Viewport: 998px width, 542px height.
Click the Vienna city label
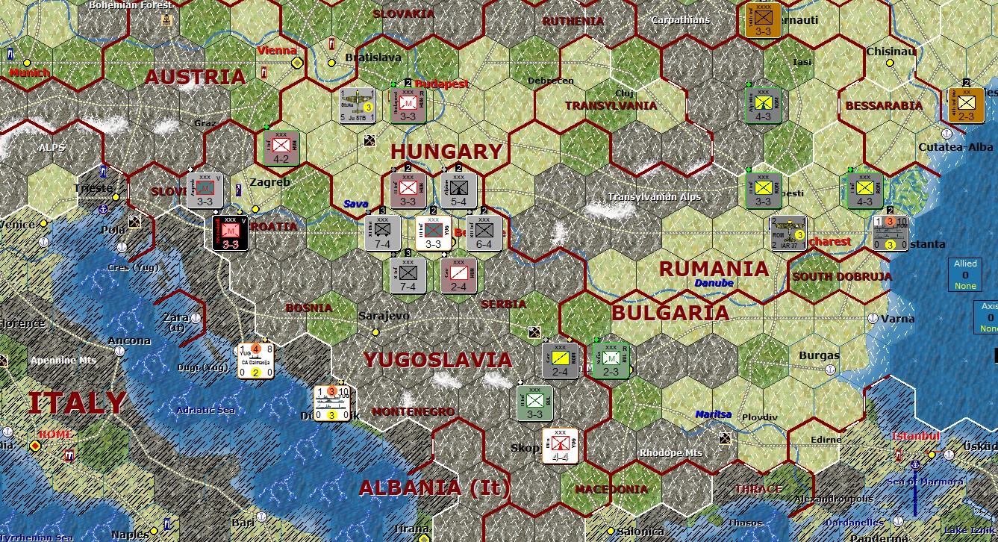coord(276,51)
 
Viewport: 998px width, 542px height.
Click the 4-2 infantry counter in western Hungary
coord(282,149)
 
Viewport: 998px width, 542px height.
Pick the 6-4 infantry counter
coord(484,233)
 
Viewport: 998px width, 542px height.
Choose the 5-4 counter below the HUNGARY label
coord(458,190)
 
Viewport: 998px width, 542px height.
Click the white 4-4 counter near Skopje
coord(559,446)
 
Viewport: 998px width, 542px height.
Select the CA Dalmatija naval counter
coord(255,361)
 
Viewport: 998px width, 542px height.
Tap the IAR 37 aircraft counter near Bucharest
coord(788,234)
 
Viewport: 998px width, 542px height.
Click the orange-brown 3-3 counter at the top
coord(763,20)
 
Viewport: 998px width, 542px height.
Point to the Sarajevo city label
coord(384,316)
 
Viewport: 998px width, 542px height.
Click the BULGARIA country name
coord(670,314)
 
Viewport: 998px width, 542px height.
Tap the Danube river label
coord(714,284)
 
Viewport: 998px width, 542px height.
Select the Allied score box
coord(965,274)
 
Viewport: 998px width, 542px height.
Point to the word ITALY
coord(76,403)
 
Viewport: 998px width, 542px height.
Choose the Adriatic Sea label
coord(206,410)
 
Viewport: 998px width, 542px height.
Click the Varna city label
coord(897,319)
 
